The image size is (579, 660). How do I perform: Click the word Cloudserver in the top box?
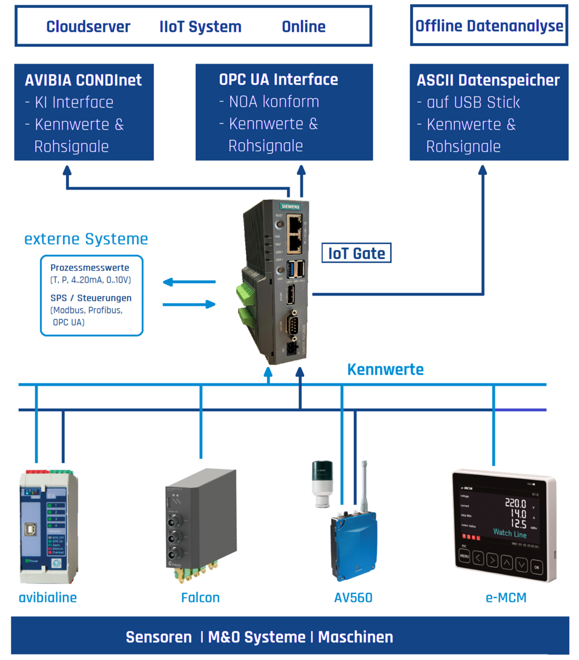coord(88,27)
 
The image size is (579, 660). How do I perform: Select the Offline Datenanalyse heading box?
coord(489,26)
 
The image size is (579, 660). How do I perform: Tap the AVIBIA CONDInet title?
coord(84,81)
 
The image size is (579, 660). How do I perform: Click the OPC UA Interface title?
coord(279,79)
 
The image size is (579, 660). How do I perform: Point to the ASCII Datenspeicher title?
coord(488,81)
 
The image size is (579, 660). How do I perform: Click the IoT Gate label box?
coord(356,253)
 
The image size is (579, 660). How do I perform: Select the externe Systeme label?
coord(86,239)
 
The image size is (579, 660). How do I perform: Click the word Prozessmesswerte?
coord(90,268)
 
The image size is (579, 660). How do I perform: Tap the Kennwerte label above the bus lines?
coord(385,369)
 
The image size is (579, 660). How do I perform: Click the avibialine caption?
coord(48,598)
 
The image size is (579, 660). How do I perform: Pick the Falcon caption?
coord(200,598)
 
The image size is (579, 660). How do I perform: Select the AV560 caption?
coord(353,598)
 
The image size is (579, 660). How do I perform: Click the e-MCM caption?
coord(506,598)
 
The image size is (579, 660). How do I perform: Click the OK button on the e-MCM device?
coord(537,567)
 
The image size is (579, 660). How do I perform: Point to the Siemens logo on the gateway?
coord(290,206)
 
